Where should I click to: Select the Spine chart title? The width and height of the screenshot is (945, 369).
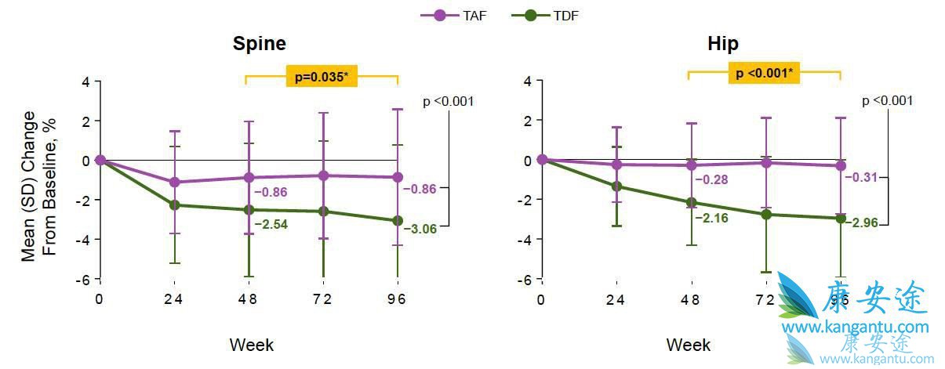(x=259, y=43)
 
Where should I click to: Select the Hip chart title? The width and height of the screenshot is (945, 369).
(x=722, y=43)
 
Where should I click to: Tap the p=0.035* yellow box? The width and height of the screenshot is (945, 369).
(x=322, y=76)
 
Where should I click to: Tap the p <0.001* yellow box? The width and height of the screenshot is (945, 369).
(x=764, y=74)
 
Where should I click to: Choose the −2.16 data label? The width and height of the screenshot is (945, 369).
(x=711, y=218)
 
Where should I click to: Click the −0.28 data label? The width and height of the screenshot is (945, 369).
(x=711, y=180)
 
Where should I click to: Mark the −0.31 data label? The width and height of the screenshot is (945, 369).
(x=860, y=177)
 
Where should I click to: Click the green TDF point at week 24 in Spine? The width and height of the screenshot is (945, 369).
(x=175, y=205)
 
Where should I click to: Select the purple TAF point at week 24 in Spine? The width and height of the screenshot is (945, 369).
(x=175, y=183)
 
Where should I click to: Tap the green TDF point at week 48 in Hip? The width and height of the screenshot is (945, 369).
(x=691, y=202)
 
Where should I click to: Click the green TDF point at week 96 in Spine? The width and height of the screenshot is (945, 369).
(x=398, y=221)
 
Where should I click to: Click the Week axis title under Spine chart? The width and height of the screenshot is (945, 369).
(x=251, y=344)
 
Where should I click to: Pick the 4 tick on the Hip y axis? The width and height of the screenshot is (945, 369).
(x=528, y=81)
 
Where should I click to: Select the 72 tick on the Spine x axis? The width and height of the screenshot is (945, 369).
(x=322, y=299)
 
